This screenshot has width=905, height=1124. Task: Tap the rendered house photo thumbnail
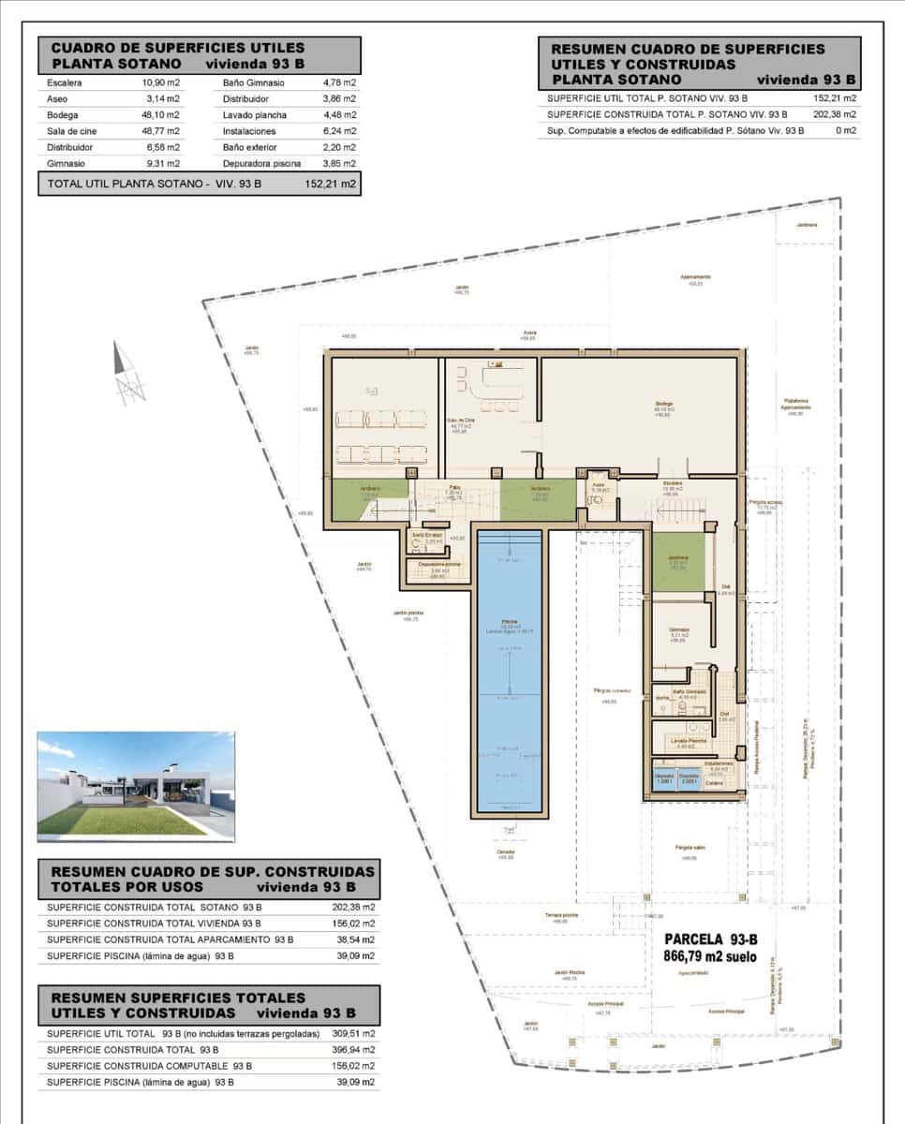(x=136, y=786)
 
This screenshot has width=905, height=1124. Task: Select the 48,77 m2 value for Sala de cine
(x=160, y=131)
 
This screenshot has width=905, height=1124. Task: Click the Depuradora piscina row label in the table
(x=261, y=163)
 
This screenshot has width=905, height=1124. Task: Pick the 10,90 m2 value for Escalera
(x=160, y=83)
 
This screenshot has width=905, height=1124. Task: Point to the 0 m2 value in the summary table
(x=846, y=131)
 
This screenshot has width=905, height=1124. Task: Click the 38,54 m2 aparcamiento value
(x=356, y=939)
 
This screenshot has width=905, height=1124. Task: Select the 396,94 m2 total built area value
(x=355, y=1049)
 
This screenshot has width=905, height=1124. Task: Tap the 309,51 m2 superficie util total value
(x=355, y=1033)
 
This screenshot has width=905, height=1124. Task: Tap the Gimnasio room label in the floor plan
(x=679, y=629)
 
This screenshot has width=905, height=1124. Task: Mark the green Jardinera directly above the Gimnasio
(x=678, y=561)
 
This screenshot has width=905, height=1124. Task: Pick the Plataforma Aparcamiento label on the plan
(x=795, y=406)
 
